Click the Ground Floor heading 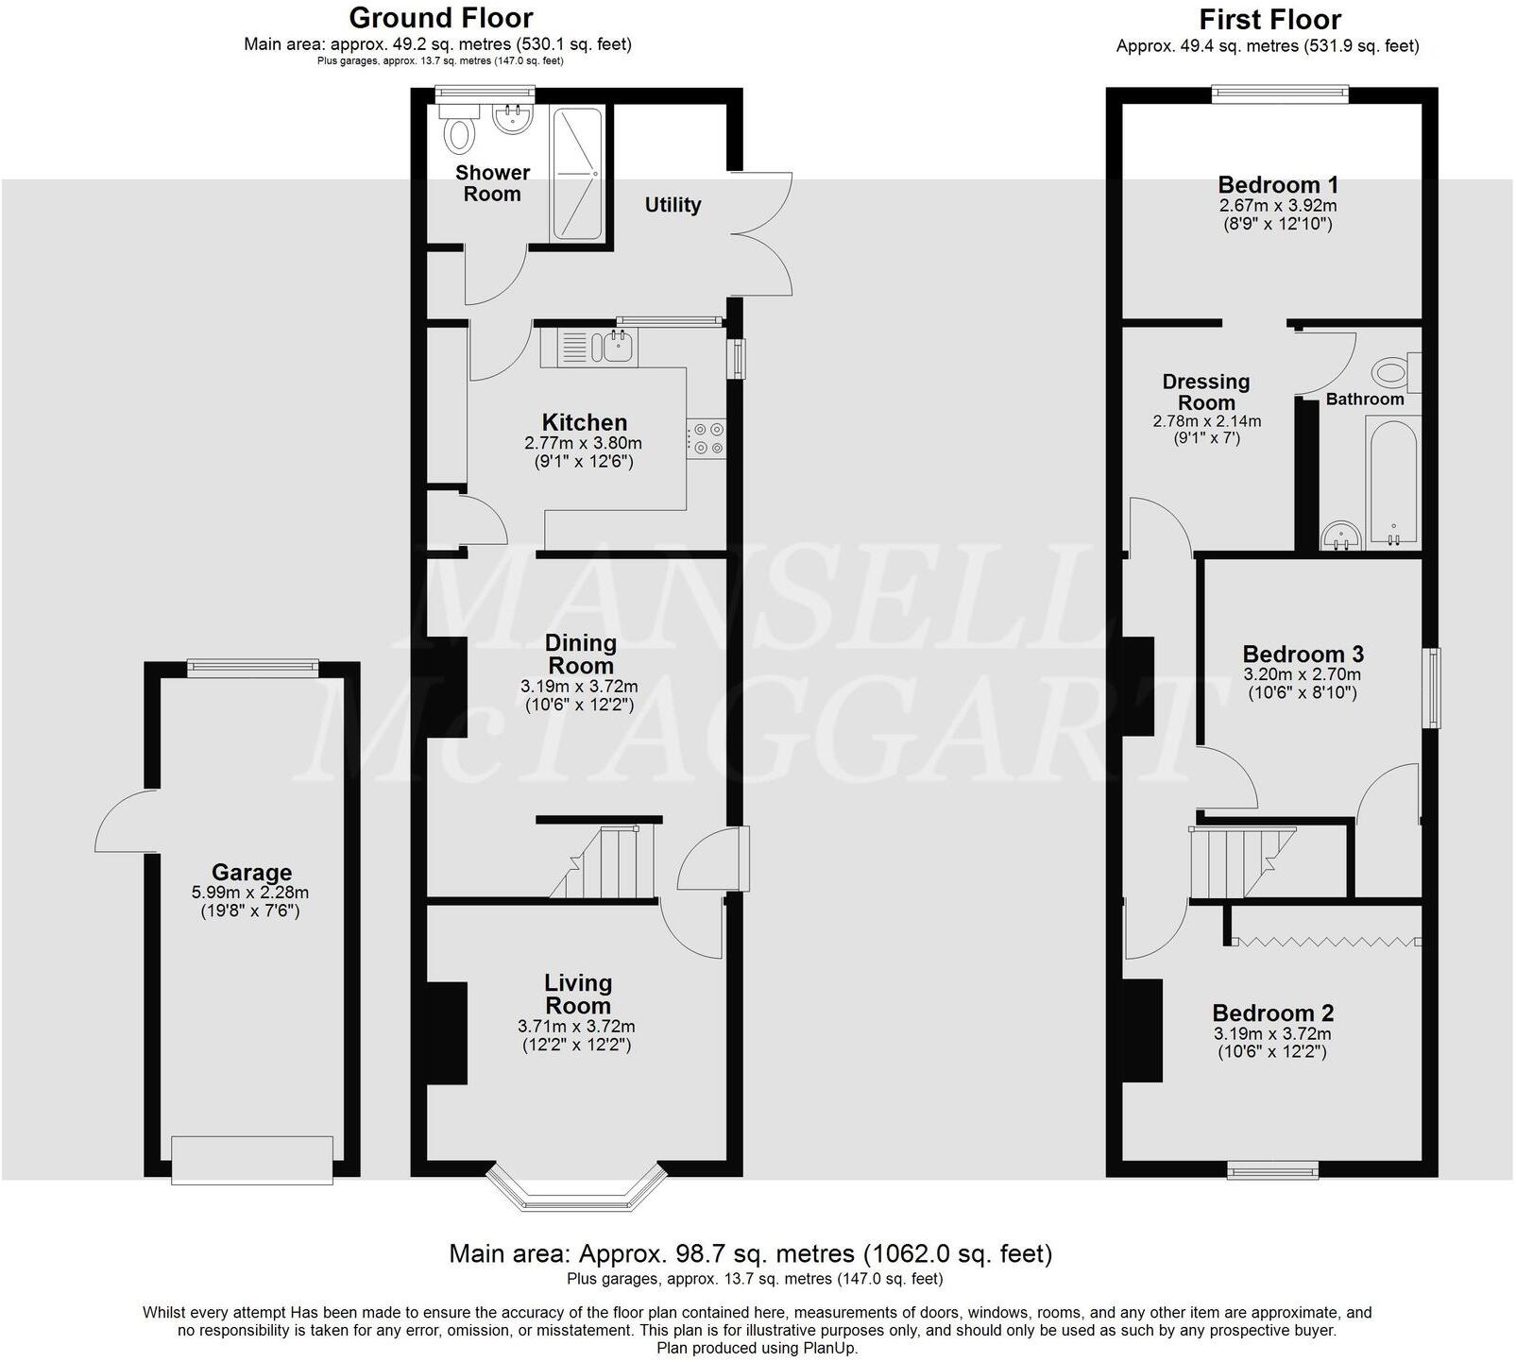(x=440, y=18)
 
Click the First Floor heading (x=1269, y=20)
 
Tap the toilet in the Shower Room (x=460, y=133)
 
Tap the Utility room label (x=673, y=205)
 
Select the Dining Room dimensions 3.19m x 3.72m (x=579, y=687)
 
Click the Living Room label (x=578, y=995)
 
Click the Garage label (x=251, y=873)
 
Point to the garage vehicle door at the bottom (x=252, y=1160)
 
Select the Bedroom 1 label (x=1277, y=185)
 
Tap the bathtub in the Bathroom (x=1391, y=483)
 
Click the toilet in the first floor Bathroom (x=1395, y=372)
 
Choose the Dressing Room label (x=1206, y=392)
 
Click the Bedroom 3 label (x=1303, y=655)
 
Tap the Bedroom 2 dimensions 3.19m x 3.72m (x=1272, y=1034)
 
